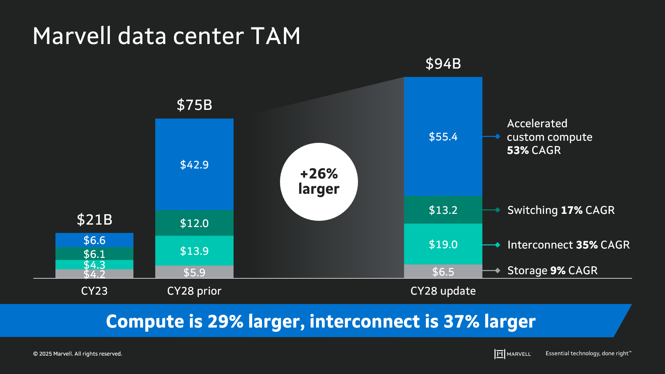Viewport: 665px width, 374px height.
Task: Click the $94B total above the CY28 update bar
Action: tap(443, 64)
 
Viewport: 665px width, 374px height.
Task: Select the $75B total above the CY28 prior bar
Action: tap(194, 105)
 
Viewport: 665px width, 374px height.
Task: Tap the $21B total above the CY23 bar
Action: tap(94, 220)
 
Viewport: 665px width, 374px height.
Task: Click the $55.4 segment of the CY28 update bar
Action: tap(443, 137)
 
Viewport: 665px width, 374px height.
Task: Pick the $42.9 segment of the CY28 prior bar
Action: tap(194, 165)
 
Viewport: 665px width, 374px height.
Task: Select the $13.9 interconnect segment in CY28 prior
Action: tap(194, 251)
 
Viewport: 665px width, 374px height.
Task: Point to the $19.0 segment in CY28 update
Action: tap(443, 244)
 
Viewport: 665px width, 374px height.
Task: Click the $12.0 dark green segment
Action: tap(194, 223)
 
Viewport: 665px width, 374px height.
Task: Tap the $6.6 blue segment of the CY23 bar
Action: tap(94, 240)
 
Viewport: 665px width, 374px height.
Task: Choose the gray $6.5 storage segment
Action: tap(443, 272)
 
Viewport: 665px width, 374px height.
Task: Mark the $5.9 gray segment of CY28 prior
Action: tap(194, 272)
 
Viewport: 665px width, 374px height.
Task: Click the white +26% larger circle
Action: tap(319, 182)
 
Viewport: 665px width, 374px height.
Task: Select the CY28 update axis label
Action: tap(443, 291)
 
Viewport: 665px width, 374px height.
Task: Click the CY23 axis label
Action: tap(94, 291)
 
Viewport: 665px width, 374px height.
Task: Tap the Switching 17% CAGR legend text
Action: tap(561, 210)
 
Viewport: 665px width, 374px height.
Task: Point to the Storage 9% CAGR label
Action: tap(552, 270)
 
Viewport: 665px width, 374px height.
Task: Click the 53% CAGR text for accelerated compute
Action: tap(534, 150)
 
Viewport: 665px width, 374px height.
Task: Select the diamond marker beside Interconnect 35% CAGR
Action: tap(498, 245)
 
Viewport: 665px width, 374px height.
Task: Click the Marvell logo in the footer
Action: tap(513, 354)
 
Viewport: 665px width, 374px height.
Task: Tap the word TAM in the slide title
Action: tap(275, 36)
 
